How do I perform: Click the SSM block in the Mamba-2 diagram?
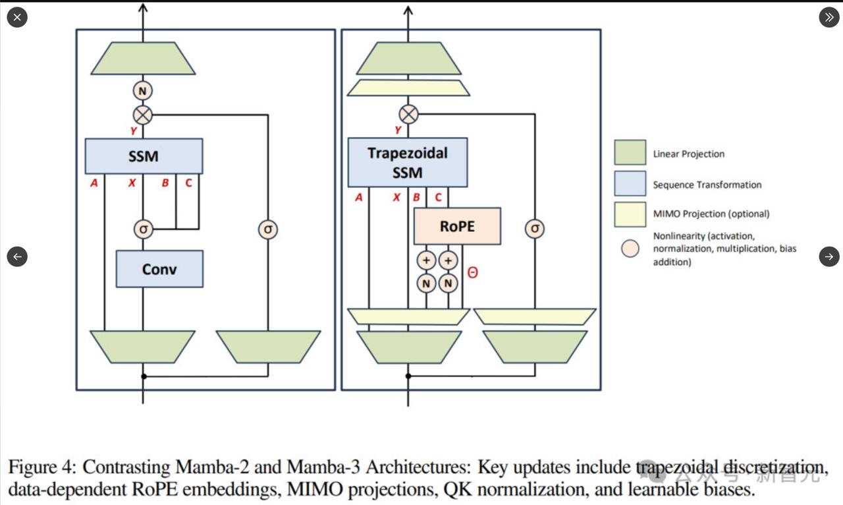[144, 156]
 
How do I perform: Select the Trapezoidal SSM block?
[407, 162]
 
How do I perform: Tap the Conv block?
[159, 269]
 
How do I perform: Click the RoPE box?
[457, 226]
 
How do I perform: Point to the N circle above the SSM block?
[143, 90]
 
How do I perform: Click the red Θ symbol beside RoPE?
[472, 272]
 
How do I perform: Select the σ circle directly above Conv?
[143, 229]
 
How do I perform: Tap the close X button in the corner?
[17, 17]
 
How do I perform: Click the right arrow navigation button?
[829, 256]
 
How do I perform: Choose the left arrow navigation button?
[17, 256]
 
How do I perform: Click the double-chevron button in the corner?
[829, 17]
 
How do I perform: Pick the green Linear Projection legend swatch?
[630, 153]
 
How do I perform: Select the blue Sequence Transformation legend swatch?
[630, 184]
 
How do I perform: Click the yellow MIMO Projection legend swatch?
[630, 214]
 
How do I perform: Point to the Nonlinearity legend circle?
[630, 249]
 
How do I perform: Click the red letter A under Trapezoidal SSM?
[358, 196]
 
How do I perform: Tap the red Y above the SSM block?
[134, 131]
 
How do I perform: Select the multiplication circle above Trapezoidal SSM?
[409, 114]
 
